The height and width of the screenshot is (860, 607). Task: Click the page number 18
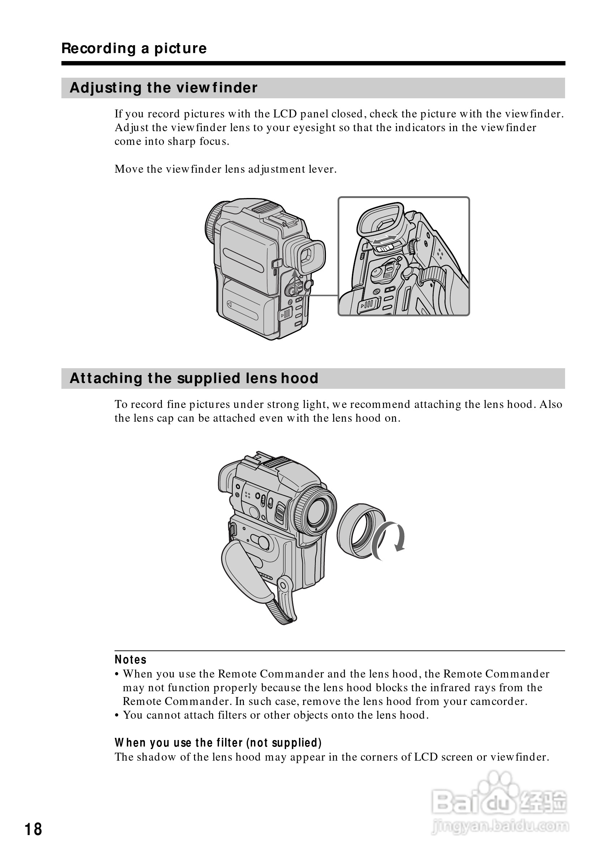click(x=33, y=829)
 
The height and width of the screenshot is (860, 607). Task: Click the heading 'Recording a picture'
click(x=134, y=48)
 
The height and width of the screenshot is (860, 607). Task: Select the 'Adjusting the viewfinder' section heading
click(x=163, y=88)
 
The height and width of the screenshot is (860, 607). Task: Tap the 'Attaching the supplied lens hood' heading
click(x=194, y=378)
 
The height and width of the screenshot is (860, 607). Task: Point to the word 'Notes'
click(x=130, y=659)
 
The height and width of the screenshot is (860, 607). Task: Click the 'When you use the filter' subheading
click(x=218, y=743)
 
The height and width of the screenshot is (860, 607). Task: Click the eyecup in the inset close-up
click(x=380, y=221)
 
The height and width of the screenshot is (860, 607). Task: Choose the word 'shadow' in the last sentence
click(x=156, y=757)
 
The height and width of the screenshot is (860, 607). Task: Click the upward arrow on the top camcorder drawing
click(x=295, y=279)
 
